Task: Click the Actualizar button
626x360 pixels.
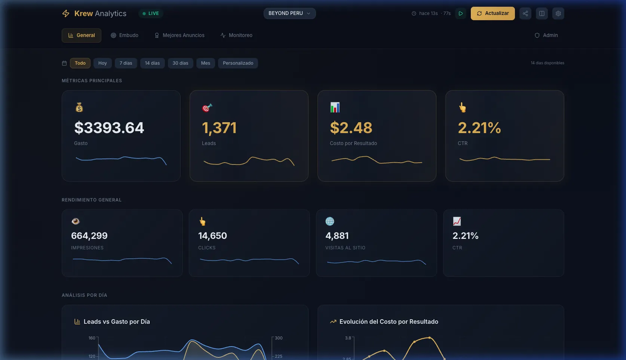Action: pos(492,13)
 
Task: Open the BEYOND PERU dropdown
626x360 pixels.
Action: pos(289,13)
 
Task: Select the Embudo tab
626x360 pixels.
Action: pos(125,36)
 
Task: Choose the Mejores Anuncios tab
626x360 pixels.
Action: pos(179,36)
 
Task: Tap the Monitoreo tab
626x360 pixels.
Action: pos(236,36)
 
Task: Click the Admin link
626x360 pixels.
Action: pos(546,36)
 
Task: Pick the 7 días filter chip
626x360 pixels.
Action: pos(126,63)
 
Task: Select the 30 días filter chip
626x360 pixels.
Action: pos(180,63)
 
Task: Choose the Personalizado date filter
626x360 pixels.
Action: pos(238,63)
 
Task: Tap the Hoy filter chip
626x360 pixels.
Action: pos(102,63)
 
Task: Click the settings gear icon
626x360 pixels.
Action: pos(558,13)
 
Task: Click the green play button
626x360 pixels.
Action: pos(461,13)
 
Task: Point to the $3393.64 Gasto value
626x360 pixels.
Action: pos(109,128)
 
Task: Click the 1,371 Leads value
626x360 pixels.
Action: pos(220,128)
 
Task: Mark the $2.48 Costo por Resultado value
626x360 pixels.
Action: pos(351,128)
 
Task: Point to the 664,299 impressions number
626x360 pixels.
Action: pos(89,236)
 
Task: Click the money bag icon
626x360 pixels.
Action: pos(79,108)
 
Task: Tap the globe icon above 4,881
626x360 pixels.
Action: pos(330,221)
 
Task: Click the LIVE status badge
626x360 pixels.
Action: pos(151,13)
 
